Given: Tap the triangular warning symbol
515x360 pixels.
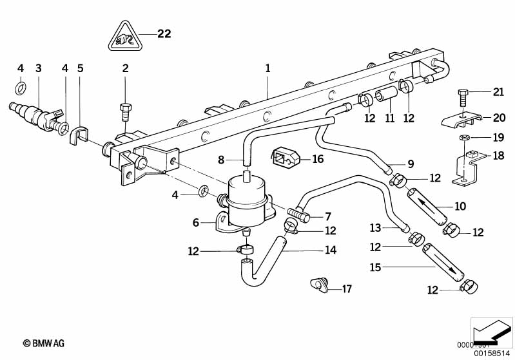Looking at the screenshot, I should tap(124, 37).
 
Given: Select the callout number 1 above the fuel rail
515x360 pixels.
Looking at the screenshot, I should tap(267, 67).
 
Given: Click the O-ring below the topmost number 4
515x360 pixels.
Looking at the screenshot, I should tap(20, 88).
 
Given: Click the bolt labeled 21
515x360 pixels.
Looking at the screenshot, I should tap(464, 98).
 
